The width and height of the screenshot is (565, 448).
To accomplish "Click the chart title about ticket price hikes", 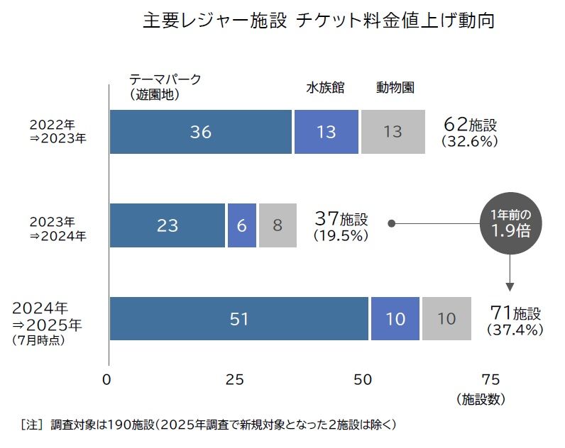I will (318, 21).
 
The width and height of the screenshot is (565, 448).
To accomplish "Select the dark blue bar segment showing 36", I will (201, 132).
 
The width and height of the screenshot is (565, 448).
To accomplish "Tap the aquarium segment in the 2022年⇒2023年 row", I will (327, 132).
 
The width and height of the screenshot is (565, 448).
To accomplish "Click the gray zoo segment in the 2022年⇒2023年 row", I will (393, 132).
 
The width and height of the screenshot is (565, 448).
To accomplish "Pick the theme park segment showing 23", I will (168, 225).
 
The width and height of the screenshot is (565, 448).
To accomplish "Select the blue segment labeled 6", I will (241, 225).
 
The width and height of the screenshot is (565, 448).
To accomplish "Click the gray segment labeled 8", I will (278, 225).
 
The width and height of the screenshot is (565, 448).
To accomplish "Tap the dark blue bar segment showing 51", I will (239, 319).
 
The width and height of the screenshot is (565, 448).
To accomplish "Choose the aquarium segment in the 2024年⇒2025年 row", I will (395, 319).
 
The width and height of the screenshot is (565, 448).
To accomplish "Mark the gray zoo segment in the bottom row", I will (446, 319).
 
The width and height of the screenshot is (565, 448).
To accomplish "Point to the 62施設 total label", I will (469, 132).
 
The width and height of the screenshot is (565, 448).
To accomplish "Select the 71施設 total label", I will (515, 320).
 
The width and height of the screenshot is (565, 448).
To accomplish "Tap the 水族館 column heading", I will (325, 88).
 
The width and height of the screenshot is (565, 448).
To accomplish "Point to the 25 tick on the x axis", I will (235, 379).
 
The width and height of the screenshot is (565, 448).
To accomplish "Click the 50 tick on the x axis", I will (363, 379).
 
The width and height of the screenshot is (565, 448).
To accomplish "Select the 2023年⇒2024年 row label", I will (58, 225).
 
